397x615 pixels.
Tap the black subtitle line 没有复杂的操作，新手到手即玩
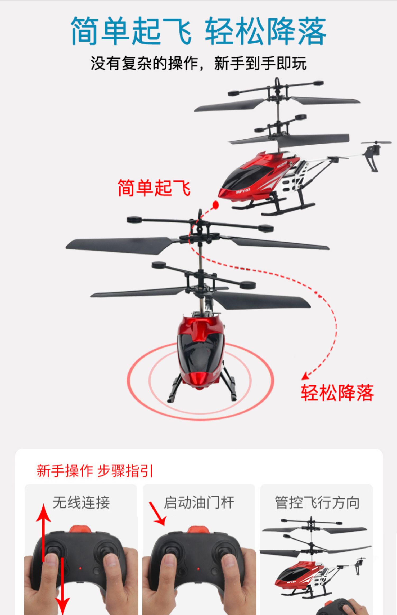pos(198,63)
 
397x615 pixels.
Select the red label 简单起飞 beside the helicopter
pos(154,188)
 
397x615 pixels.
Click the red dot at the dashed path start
pos(216,205)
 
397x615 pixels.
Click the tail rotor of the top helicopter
pos(376,143)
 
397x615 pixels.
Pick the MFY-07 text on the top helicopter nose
pos(243,190)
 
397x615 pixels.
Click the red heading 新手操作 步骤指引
pos(95,471)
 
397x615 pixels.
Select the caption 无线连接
pos(81,502)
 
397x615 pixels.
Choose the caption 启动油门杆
pos(199,502)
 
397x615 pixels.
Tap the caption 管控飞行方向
pos(317,502)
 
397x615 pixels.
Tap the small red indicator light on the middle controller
pos(198,569)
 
